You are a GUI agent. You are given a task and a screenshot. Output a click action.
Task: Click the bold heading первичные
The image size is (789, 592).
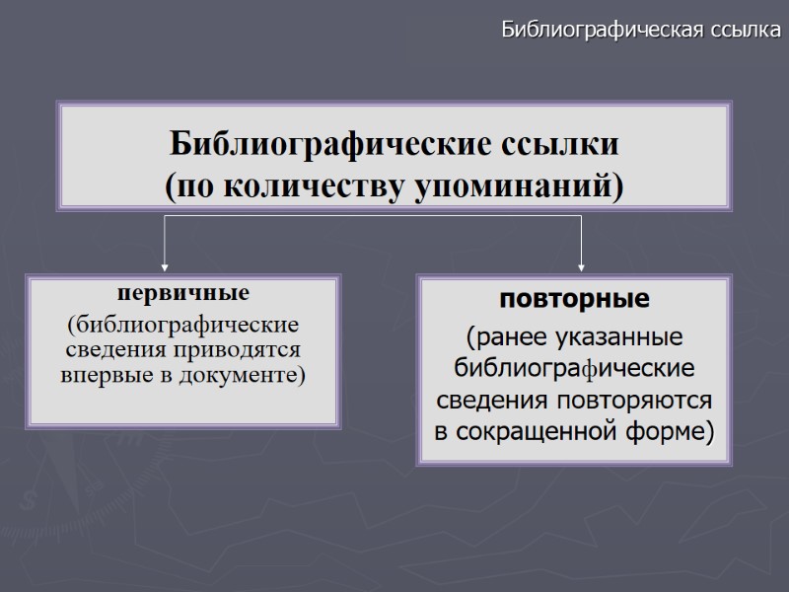[x=184, y=294]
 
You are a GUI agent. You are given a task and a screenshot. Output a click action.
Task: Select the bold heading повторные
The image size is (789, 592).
[x=576, y=298]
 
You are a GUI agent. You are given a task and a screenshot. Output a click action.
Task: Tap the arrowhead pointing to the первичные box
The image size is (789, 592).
[x=165, y=264]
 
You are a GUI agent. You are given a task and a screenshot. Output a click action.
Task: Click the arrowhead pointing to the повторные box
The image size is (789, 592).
[x=581, y=264]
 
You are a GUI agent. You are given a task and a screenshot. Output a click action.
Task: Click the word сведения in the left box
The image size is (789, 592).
[x=107, y=350]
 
